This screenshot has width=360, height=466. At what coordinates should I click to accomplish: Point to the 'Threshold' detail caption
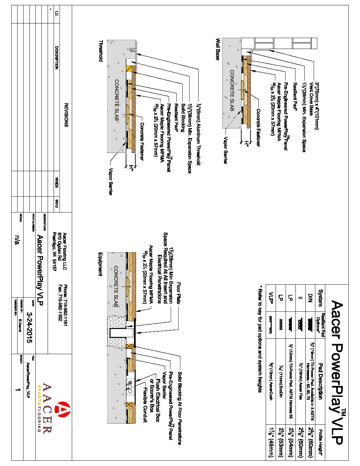tap(101, 51)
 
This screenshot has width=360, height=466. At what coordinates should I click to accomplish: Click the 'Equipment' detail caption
tap(100, 264)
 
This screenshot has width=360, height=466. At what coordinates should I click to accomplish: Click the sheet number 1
tap(18, 390)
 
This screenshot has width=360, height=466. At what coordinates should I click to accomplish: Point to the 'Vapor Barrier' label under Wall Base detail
tap(225, 150)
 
